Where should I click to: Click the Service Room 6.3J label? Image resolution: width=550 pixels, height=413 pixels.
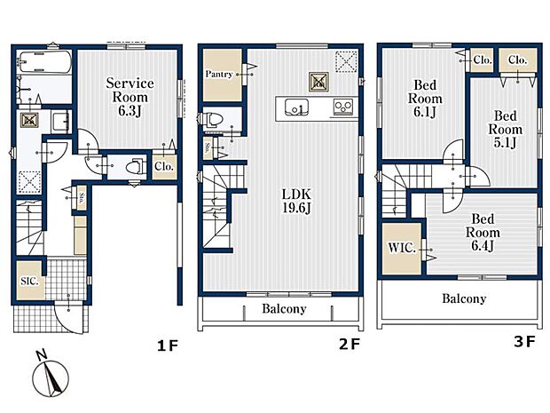(130, 97)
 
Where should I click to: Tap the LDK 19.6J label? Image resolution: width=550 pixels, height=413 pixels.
(297, 201)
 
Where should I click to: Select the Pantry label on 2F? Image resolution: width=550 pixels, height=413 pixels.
(219, 74)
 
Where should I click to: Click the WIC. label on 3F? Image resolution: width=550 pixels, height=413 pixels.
(402, 248)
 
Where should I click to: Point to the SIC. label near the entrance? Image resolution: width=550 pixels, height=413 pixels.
(29, 281)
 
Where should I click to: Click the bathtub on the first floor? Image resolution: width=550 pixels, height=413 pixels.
(44, 62)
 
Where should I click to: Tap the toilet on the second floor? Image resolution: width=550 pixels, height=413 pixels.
(213, 119)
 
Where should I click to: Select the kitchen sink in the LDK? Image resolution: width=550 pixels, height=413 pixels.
(296, 107)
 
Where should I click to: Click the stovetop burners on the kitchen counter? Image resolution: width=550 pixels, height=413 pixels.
(343, 107)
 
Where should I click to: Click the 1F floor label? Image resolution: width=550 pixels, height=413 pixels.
(168, 345)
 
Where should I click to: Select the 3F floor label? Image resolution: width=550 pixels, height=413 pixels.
(525, 341)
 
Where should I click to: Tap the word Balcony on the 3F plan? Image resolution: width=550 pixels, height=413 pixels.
(464, 298)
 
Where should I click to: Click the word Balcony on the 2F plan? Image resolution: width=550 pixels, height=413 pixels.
(284, 309)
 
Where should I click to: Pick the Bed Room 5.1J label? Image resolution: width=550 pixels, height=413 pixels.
(506, 130)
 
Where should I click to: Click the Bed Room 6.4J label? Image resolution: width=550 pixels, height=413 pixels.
(483, 233)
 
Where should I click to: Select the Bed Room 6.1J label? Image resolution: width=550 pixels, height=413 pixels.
(425, 99)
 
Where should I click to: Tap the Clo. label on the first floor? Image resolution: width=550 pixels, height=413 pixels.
(164, 166)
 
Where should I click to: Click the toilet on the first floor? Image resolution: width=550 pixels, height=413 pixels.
(136, 166)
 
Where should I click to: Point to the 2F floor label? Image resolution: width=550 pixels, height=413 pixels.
(350, 345)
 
